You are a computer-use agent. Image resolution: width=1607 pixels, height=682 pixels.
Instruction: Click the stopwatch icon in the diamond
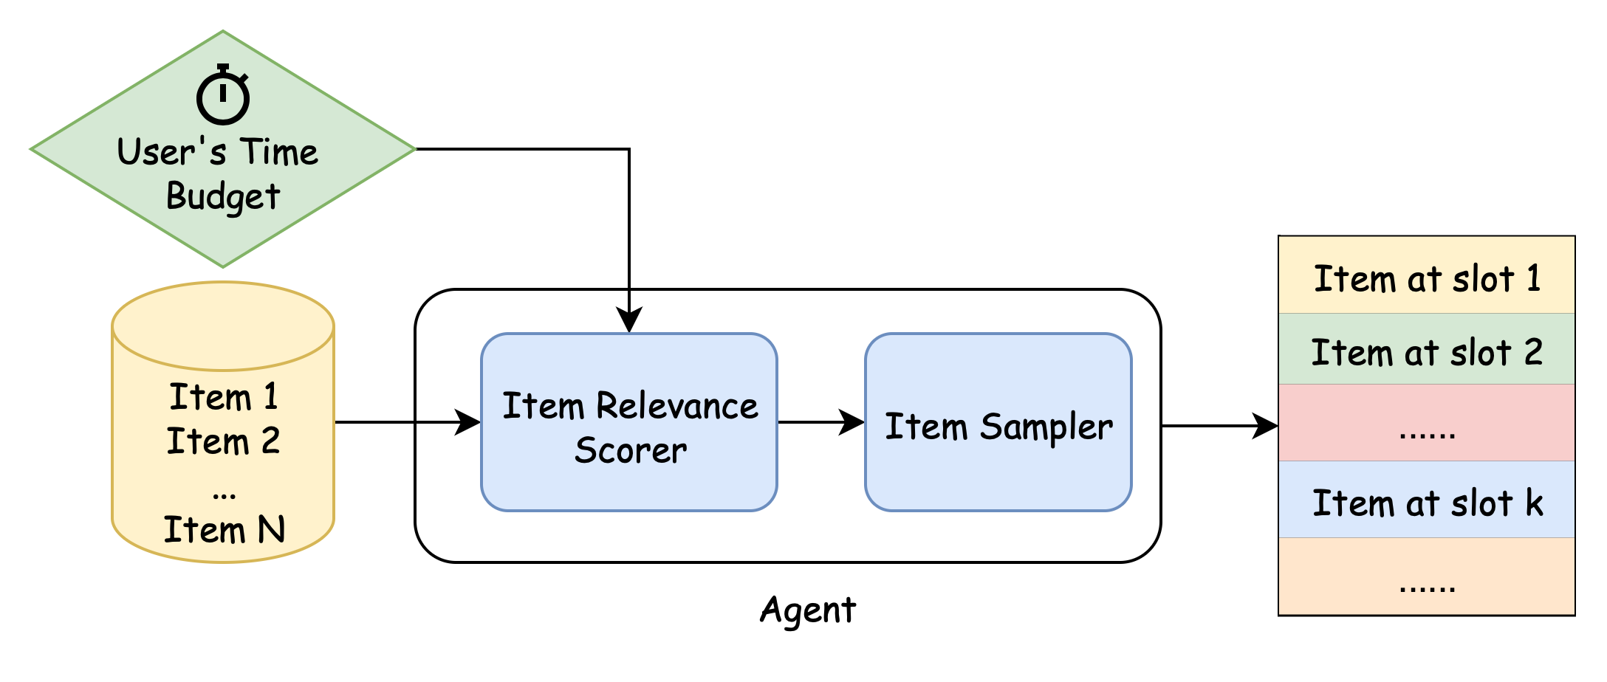pyautogui.click(x=223, y=96)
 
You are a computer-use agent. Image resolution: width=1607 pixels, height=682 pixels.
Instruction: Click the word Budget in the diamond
pyautogui.click(x=223, y=196)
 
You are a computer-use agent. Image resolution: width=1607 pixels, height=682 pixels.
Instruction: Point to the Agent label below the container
pyautogui.click(x=808, y=610)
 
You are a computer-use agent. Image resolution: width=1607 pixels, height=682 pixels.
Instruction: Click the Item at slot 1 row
pyautogui.click(x=1426, y=279)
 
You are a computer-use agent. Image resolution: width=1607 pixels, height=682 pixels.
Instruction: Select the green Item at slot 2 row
pyautogui.click(x=1426, y=351)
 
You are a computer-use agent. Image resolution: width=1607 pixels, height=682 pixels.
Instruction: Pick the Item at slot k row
pyautogui.click(x=1426, y=503)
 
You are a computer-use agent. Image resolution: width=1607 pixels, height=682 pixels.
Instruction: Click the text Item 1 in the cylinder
pyautogui.click(x=223, y=397)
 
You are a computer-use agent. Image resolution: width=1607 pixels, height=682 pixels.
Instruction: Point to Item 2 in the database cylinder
pyautogui.click(x=223, y=441)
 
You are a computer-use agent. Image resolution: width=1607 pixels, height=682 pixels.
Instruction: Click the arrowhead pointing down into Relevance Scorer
pyautogui.click(x=628, y=320)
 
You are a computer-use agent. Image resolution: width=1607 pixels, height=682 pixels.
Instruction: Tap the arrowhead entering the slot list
pyautogui.click(x=1266, y=426)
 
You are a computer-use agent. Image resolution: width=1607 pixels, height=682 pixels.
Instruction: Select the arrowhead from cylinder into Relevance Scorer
pyautogui.click(x=467, y=422)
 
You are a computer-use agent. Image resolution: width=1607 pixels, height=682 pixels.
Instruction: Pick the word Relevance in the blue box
pyautogui.click(x=676, y=407)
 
